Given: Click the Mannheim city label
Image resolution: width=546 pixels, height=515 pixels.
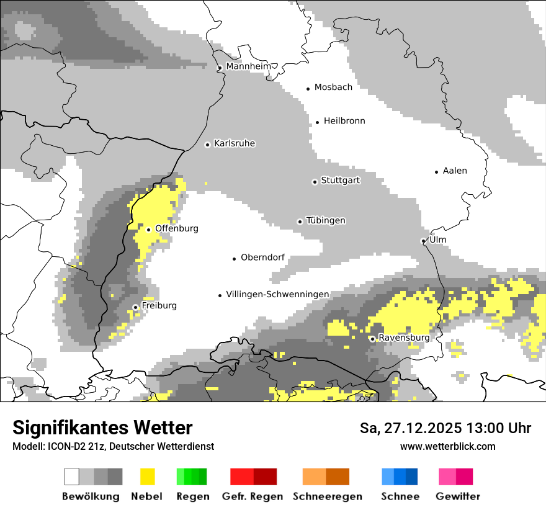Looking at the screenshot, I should pyautogui.click(x=248, y=66).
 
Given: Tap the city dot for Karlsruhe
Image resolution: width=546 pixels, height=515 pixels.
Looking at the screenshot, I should pyautogui.click(x=208, y=145).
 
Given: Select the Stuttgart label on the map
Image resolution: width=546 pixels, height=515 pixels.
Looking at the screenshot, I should pyautogui.click(x=340, y=181).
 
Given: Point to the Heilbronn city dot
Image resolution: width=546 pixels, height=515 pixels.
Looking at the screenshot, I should pyautogui.click(x=317, y=122).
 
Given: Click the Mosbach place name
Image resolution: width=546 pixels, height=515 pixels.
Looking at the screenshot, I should pyautogui.click(x=333, y=87).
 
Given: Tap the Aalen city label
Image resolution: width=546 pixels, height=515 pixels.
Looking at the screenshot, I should pyautogui.click(x=455, y=171).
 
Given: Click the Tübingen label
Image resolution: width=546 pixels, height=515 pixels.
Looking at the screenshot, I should pyautogui.click(x=326, y=220).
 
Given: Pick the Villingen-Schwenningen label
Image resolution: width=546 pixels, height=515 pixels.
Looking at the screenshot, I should pyautogui.click(x=277, y=294).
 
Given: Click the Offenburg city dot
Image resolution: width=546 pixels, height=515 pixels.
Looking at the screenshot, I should pyautogui.click(x=148, y=230).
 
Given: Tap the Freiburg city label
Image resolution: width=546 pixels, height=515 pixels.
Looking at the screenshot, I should pyautogui.click(x=159, y=306).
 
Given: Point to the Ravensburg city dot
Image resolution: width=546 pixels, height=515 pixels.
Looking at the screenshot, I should pyautogui.click(x=372, y=339).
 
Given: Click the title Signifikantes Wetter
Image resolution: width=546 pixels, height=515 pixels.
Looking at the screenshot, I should pyautogui.click(x=102, y=428).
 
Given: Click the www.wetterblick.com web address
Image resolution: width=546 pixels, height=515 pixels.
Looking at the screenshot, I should pyautogui.click(x=447, y=446).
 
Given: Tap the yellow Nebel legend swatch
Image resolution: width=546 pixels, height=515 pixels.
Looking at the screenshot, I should pyautogui.click(x=147, y=477).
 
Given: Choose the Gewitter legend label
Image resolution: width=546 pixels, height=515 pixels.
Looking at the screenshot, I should pyautogui.click(x=458, y=496).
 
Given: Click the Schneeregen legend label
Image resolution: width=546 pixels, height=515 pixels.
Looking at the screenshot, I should pyautogui.click(x=328, y=496).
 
